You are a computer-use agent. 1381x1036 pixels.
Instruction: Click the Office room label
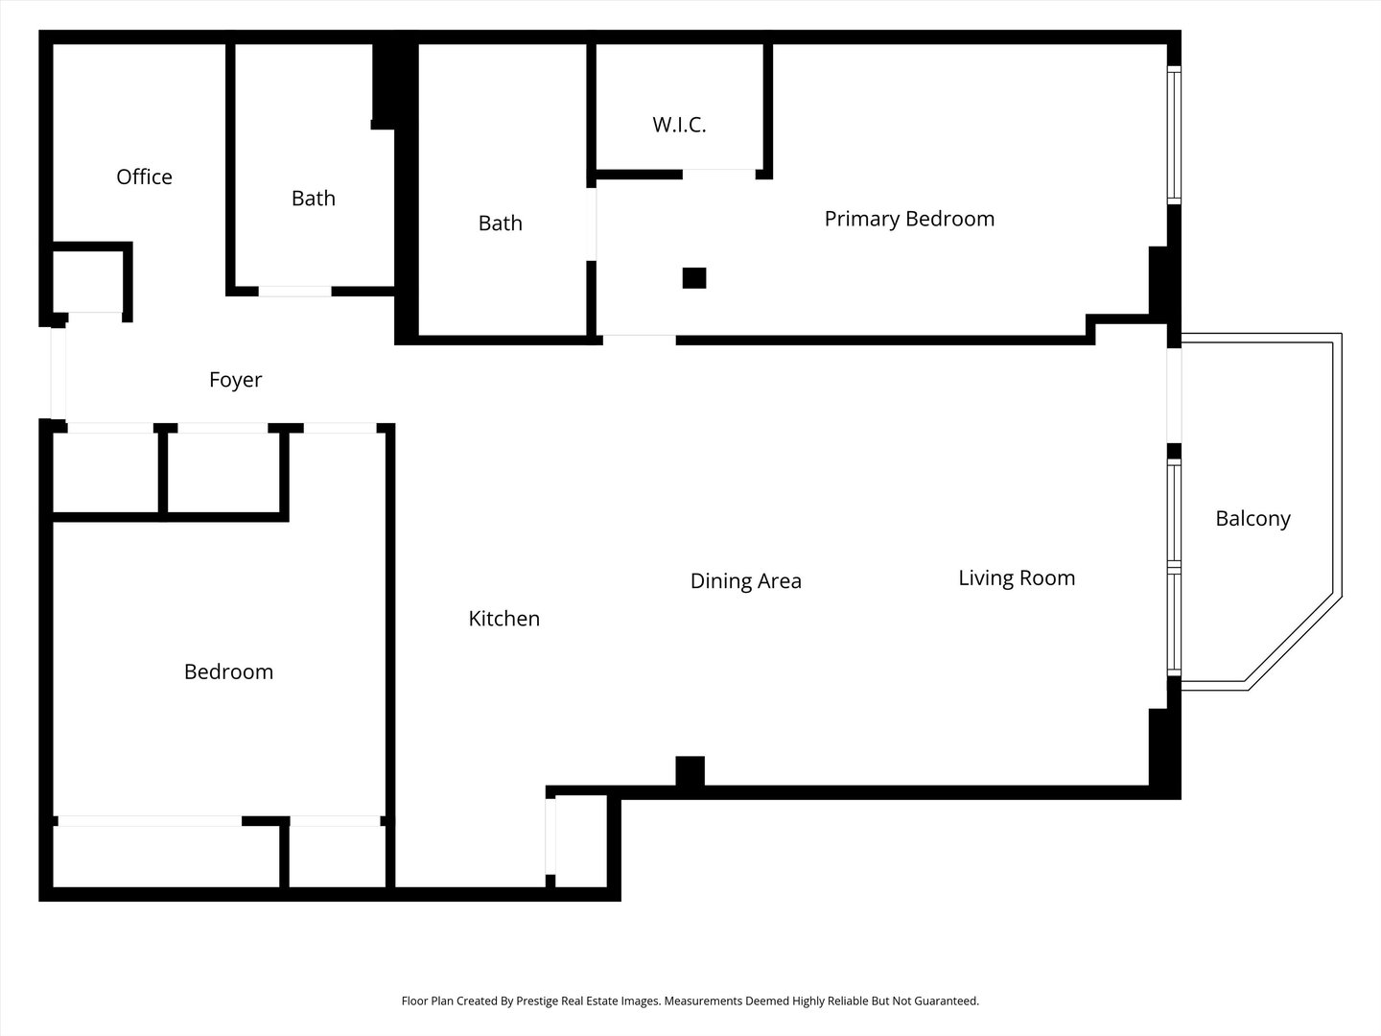point(144,177)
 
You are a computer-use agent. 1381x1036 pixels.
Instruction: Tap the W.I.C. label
point(679,125)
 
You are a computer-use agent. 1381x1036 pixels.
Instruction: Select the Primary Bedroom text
point(909,219)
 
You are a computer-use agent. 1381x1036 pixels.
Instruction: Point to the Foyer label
point(235,380)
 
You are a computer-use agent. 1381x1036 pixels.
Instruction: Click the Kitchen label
point(503,619)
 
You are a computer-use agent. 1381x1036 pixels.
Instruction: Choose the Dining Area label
point(745,580)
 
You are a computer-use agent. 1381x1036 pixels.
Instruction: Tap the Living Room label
point(1017,577)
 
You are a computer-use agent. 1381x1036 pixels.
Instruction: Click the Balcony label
point(1252,518)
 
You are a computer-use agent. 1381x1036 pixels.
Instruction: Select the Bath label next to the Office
point(313,198)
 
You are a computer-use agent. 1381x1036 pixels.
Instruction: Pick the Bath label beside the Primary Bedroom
point(500,223)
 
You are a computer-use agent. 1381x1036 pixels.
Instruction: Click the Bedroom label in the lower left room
point(228,671)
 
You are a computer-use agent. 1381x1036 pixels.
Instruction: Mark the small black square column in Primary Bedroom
point(694,278)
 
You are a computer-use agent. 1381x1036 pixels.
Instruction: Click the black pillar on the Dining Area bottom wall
point(690,771)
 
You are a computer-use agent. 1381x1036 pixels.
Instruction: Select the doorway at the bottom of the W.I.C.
point(718,174)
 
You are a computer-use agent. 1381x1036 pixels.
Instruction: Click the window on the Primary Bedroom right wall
point(1174,134)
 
